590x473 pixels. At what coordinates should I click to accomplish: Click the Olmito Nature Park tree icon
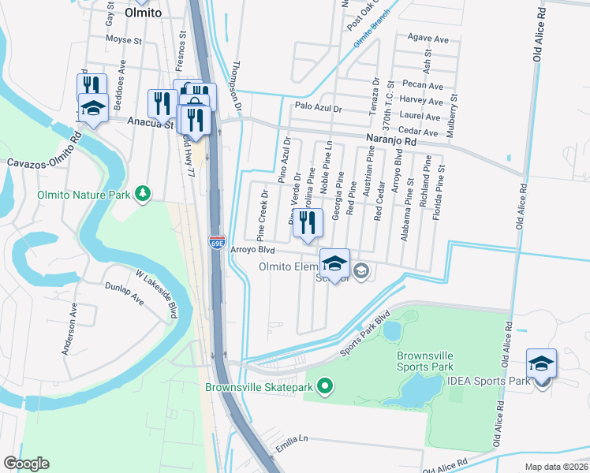tap(143, 194)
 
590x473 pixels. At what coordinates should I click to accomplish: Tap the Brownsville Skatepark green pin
tap(324, 386)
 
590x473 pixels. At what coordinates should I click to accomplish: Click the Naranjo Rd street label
tap(390, 140)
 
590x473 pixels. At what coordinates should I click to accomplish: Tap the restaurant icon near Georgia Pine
tap(308, 223)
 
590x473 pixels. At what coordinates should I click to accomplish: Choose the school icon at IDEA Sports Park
tap(541, 364)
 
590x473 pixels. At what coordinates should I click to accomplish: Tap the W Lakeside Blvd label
tap(155, 296)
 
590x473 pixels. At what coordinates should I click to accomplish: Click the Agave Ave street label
tap(427, 37)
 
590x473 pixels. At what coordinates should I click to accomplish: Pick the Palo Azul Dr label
tap(318, 107)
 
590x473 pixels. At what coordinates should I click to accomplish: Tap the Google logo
tap(26, 463)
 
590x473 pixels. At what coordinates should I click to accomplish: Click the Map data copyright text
tap(557, 467)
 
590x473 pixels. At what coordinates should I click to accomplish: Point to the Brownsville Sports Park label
tap(424, 361)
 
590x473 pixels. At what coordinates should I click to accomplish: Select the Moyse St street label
tap(123, 39)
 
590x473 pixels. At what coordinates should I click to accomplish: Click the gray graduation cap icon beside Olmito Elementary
tap(360, 272)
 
